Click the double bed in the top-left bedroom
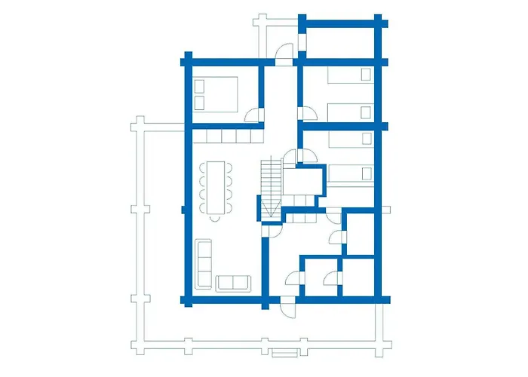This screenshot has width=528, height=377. tap(216, 93)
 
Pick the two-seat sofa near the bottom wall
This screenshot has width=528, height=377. tap(232, 283)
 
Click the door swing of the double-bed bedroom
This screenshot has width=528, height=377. tap(253, 114)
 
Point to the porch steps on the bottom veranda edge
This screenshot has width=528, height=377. tap(284, 353)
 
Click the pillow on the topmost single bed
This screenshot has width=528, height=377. tap(366, 75)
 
